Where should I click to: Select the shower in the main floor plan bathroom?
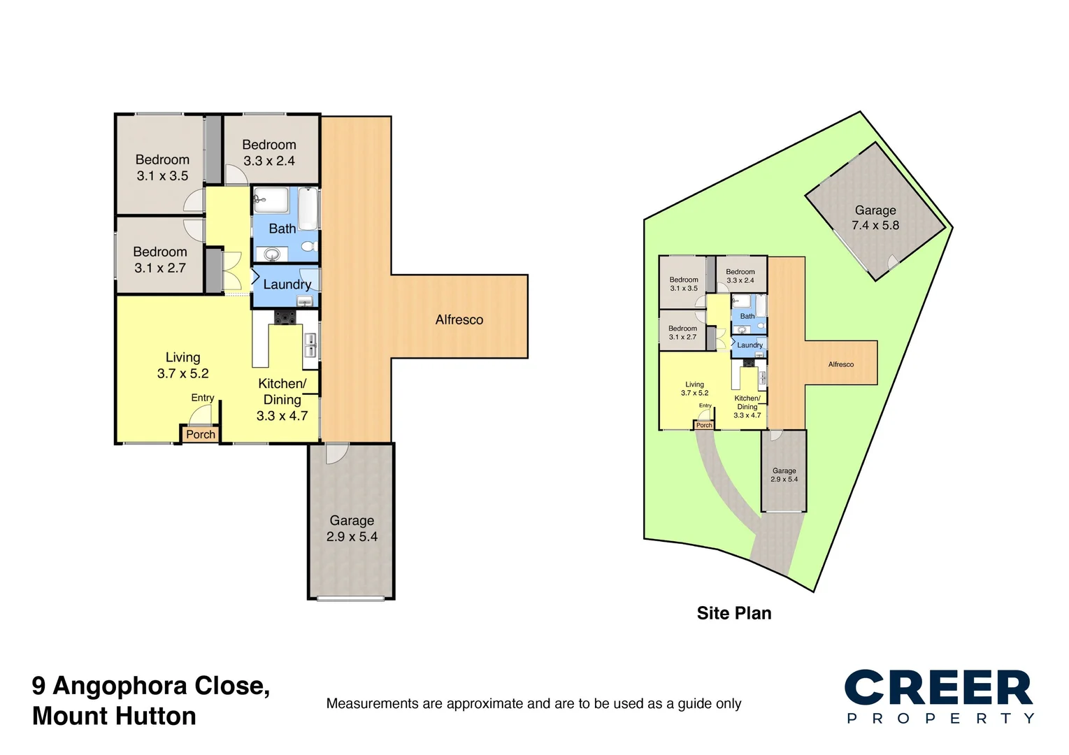(271, 201)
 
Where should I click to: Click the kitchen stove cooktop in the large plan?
(285, 317)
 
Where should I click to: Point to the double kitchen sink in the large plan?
(310, 345)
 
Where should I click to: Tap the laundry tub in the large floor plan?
(304, 301)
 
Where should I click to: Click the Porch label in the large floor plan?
(201, 434)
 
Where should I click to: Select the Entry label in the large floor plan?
(203, 398)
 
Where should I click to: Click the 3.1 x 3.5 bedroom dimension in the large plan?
(162, 176)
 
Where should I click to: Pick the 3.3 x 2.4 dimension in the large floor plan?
(269, 161)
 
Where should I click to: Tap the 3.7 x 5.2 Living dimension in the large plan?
(182, 374)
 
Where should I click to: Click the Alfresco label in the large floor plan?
(459, 319)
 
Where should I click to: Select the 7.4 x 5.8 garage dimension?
(875, 225)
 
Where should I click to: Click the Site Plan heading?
(734, 613)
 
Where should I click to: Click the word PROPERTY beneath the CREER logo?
(940, 719)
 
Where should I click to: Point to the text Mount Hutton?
(114, 717)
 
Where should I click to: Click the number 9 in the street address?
(38, 686)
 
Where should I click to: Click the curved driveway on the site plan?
(720, 482)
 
